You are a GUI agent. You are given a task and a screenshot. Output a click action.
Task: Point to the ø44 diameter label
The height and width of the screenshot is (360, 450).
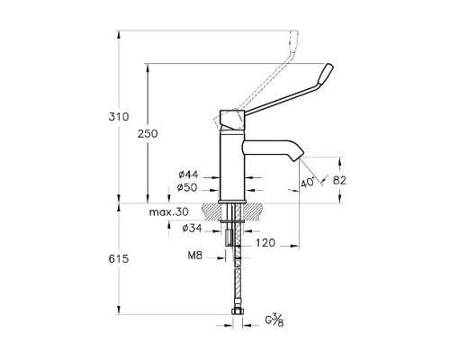188,174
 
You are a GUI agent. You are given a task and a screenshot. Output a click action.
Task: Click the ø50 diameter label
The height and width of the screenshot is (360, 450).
188,187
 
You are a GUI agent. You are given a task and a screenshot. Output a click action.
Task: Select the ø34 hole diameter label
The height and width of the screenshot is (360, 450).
191,229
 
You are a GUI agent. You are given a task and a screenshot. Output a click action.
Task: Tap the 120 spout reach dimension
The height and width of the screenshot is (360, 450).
265,243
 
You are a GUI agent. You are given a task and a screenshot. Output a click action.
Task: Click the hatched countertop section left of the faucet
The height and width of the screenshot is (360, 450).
213,212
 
